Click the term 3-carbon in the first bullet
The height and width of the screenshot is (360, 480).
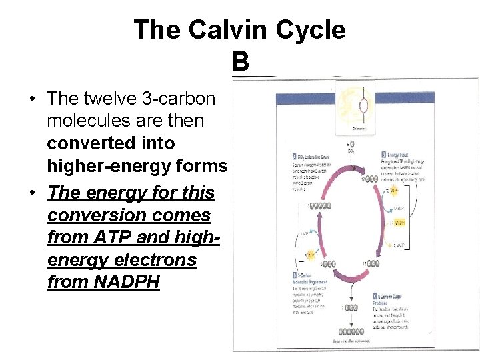(179, 99)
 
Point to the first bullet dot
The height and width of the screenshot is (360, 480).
(32, 99)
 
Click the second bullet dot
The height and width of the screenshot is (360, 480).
(32, 193)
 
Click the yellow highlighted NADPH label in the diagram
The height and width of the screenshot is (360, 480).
(399, 222)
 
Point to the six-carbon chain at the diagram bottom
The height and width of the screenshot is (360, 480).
(357, 331)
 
